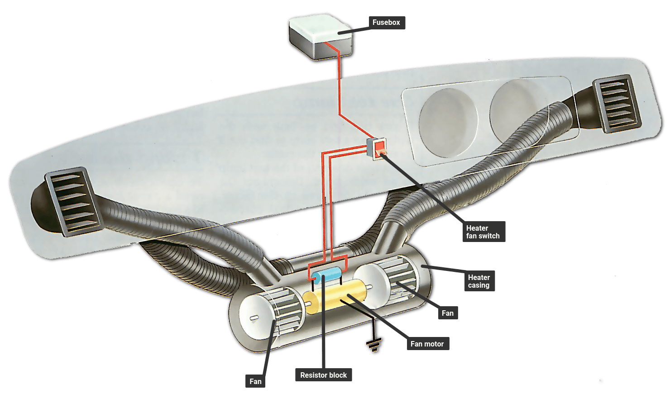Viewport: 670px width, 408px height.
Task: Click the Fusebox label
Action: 387,23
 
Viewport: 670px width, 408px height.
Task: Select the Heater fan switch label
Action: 483,232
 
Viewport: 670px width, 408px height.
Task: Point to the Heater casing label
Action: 479,281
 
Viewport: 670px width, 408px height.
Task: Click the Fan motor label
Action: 427,344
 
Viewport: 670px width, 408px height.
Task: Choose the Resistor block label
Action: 324,375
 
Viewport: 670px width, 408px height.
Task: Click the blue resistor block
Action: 326,275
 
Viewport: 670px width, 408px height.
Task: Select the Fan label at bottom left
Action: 255,381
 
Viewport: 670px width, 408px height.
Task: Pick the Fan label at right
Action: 448,313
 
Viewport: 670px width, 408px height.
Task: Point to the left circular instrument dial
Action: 448,123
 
